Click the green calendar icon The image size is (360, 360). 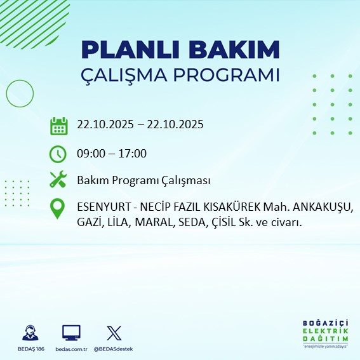pyautogui.click(x=58, y=125)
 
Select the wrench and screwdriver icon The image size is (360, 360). pyautogui.click(x=58, y=180)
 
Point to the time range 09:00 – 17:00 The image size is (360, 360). pyautogui.click(x=112, y=154)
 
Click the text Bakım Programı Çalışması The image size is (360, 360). pyautogui.click(x=143, y=181)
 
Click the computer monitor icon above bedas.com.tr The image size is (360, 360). pyautogui.click(x=71, y=333)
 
